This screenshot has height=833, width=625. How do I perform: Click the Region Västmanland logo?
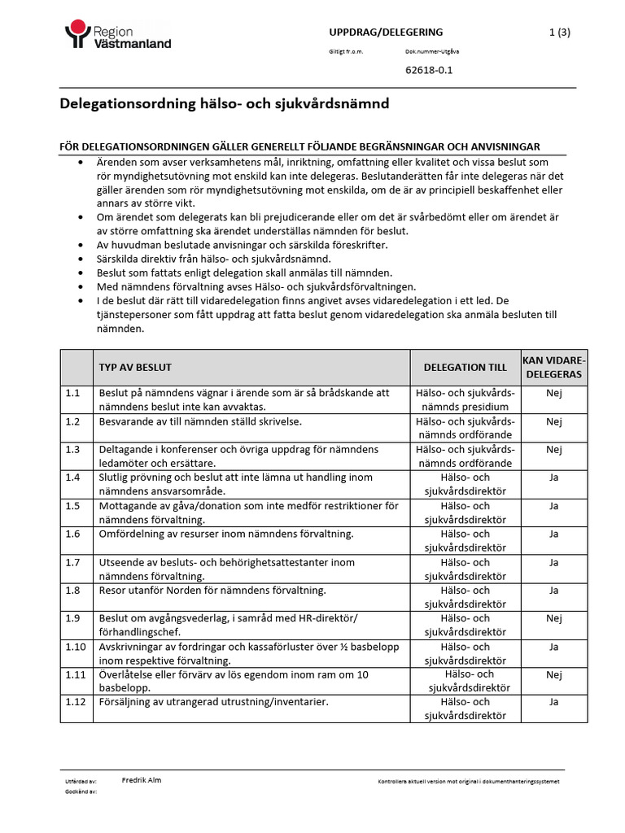click(117, 37)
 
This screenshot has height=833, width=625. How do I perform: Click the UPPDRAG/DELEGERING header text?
click(385, 32)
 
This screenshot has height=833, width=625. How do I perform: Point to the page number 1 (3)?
click(559, 32)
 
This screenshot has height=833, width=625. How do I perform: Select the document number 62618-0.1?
click(428, 70)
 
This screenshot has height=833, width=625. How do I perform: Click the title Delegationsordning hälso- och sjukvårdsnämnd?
click(225, 104)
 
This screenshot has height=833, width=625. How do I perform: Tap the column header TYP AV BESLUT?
click(135, 367)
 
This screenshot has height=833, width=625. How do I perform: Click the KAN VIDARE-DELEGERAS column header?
click(553, 367)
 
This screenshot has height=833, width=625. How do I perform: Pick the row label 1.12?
click(76, 702)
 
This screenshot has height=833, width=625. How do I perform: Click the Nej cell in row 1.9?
click(553, 617)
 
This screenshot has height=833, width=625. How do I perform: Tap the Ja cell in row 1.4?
click(553, 478)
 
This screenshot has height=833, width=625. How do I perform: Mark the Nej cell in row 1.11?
click(553, 674)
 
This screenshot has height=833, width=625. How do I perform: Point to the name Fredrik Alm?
click(141, 780)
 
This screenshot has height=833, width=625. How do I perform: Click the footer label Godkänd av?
click(81, 791)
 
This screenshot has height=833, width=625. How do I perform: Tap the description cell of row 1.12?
click(213, 702)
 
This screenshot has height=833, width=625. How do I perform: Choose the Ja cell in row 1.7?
click(553, 562)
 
